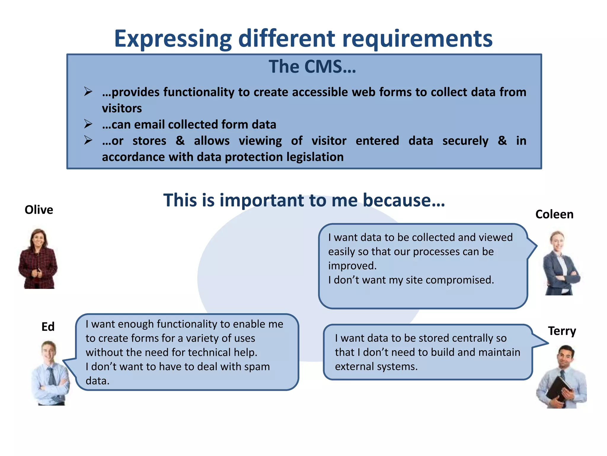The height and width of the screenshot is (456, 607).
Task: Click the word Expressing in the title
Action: pos(172,39)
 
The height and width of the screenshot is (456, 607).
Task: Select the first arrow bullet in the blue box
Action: pos(88,91)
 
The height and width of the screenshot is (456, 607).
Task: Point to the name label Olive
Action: pos(39,210)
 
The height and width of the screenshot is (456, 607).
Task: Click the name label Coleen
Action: pos(554,214)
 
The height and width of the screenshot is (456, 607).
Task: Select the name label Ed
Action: pos(48,327)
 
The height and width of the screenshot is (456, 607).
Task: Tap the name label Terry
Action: pos(562,331)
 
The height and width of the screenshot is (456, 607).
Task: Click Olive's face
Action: pos(39,238)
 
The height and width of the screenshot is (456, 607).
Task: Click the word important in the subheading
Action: pos(262,200)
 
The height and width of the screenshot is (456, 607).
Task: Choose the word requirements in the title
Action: pos(417,39)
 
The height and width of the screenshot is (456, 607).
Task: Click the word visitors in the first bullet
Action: pos(122,108)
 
